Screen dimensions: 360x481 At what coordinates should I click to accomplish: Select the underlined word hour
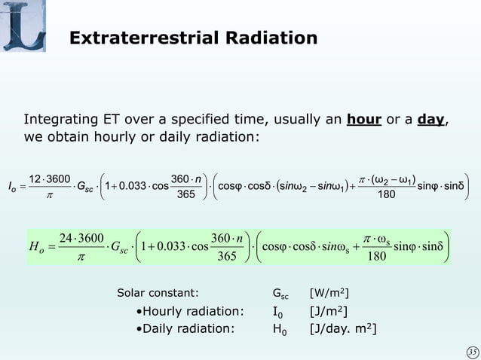[364, 119]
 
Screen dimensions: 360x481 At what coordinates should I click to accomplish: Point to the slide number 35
[470, 350]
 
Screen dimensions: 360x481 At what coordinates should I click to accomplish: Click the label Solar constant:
[158, 292]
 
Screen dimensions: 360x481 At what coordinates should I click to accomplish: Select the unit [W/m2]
[329, 292]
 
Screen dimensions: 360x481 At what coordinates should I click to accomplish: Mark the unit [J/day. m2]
[343, 328]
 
